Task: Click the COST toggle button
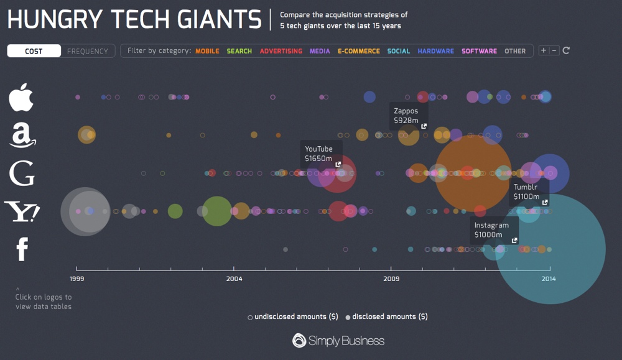click(34, 51)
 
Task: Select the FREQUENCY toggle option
click(88, 51)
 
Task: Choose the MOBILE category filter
click(207, 51)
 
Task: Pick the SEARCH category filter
click(239, 51)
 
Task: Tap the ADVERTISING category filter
click(281, 51)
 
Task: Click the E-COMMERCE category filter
click(359, 51)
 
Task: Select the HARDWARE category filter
click(436, 51)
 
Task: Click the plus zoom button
click(544, 50)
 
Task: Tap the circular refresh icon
click(566, 50)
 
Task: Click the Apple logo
click(21, 97)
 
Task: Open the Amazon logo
click(22, 134)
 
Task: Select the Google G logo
click(22, 173)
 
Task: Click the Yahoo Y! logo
click(22, 211)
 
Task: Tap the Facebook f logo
click(22, 249)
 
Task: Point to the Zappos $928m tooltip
click(409, 116)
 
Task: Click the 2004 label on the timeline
click(234, 279)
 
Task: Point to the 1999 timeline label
click(77, 279)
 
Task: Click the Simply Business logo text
click(339, 340)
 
